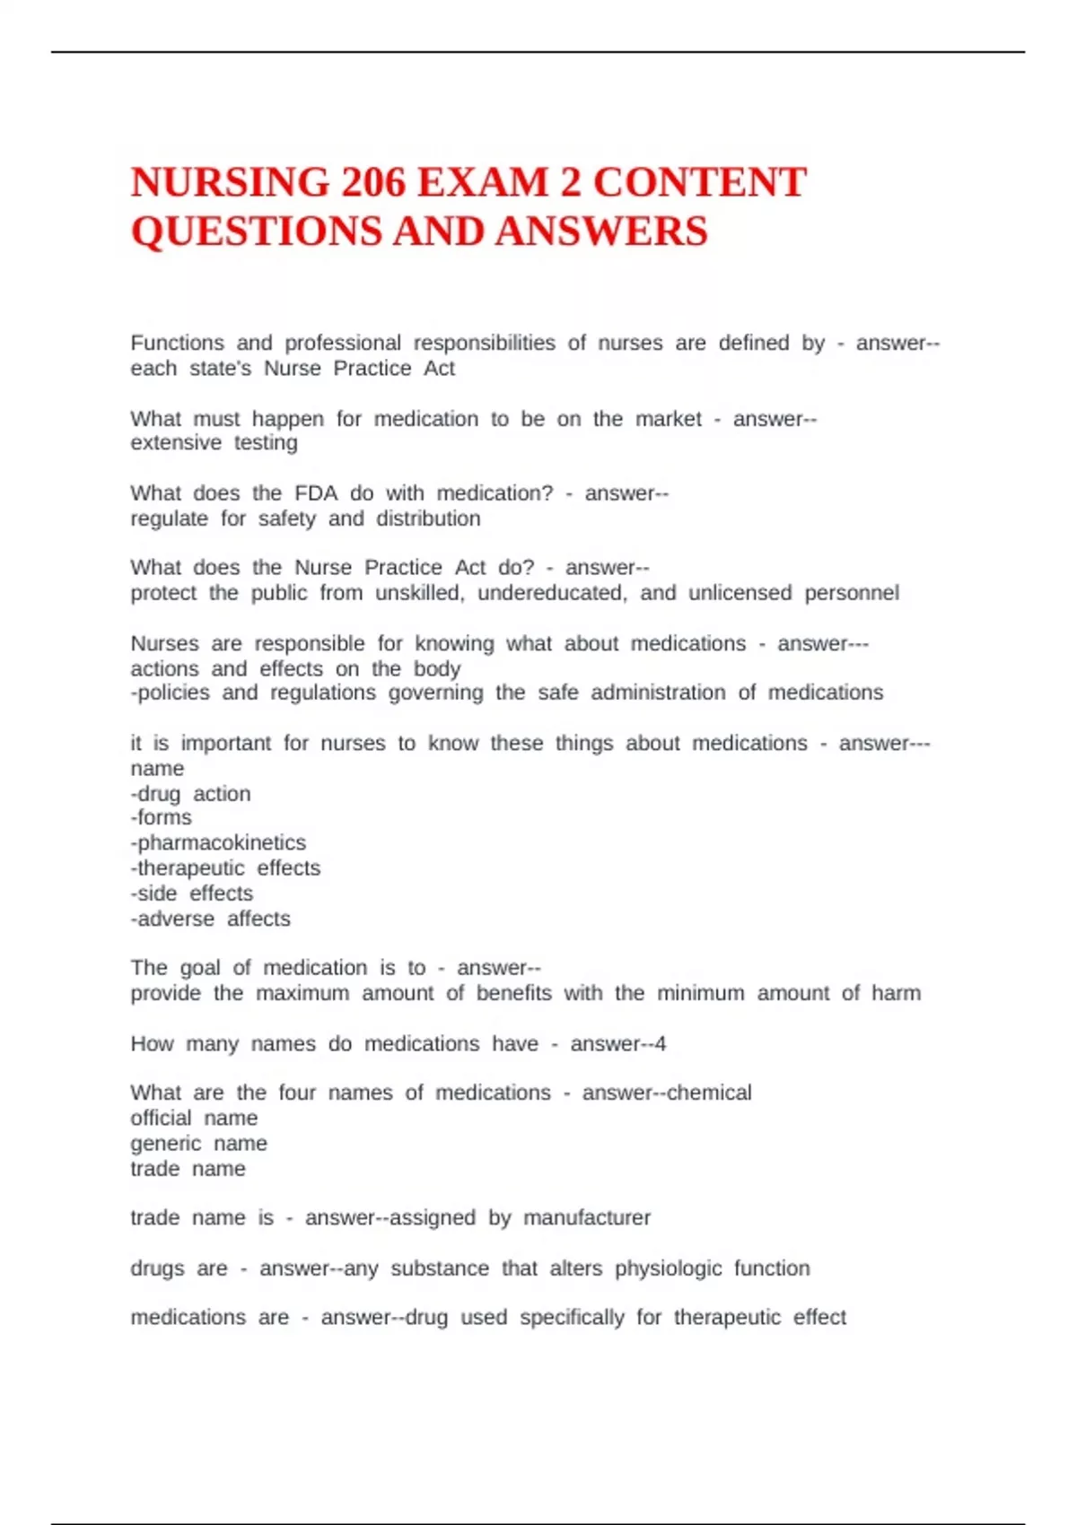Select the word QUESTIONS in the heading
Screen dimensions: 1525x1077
point(256,231)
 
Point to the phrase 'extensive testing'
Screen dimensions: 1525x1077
point(214,443)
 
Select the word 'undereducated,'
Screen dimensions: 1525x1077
point(552,593)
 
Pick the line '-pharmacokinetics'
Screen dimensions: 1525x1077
point(218,843)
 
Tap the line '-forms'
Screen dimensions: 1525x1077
point(162,817)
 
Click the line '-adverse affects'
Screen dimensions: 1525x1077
point(211,919)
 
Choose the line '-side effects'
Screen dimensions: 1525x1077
point(192,893)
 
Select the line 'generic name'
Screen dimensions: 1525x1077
point(198,1144)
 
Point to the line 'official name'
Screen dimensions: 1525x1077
point(194,1119)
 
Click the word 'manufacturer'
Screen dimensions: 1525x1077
point(587,1218)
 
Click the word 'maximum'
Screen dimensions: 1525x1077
point(302,994)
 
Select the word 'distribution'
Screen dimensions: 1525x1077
point(428,518)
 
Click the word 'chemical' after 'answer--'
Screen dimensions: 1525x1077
point(709,1093)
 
